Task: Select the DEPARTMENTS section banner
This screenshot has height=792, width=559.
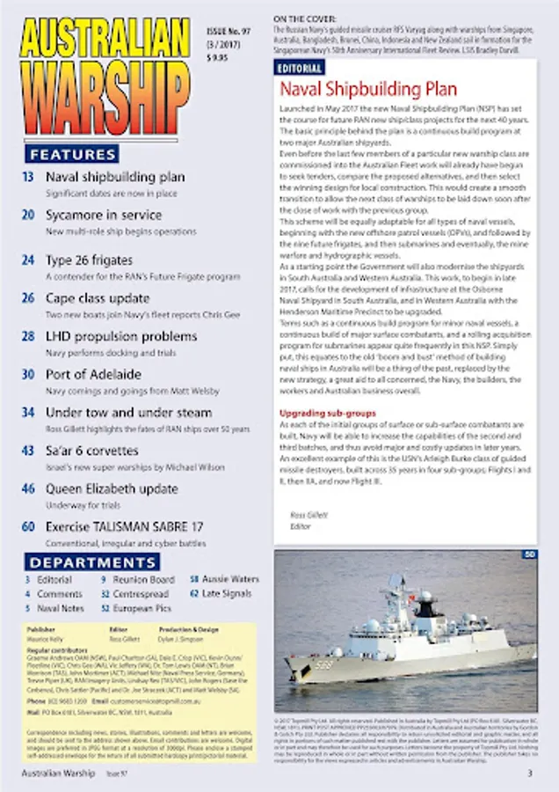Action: (92, 562)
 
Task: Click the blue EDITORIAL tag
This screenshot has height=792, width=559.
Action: (300, 68)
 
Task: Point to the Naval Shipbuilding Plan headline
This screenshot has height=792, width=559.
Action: (368, 90)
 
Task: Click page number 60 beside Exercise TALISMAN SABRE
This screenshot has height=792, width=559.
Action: (29, 526)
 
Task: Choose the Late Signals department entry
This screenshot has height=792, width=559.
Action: (226, 594)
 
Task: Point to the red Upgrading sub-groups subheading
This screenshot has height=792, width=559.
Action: (327, 413)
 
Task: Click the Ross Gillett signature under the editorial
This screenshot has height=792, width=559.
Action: (304, 514)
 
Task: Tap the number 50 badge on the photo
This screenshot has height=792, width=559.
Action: (529, 554)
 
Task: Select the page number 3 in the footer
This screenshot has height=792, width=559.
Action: (529, 774)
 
